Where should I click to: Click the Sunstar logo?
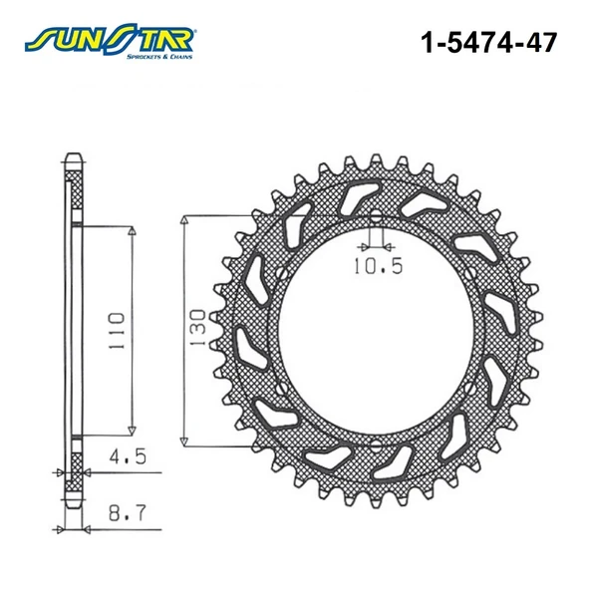[x=109, y=42]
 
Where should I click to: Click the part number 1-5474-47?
[x=488, y=43]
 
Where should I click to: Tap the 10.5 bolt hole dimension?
[x=378, y=266]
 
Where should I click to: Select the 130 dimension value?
[x=198, y=327]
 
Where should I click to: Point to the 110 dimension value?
[x=117, y=331]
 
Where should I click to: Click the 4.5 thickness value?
[x=128, y=456]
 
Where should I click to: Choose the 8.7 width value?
[x=127, y=513]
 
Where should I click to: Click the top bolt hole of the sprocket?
[x=376, y=216]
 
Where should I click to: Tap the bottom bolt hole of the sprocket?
[x=376, y=445]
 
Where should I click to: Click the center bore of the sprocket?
[x=376, y=330]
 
